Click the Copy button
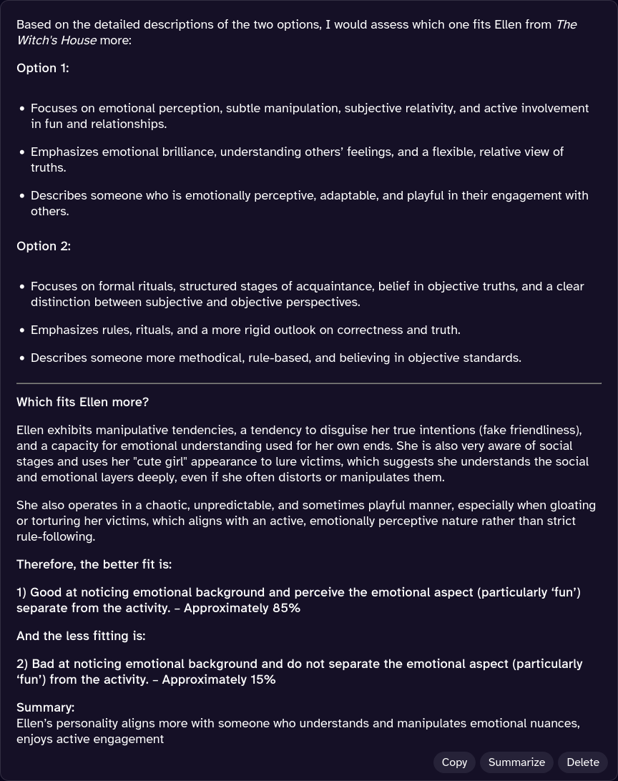coord(454,762)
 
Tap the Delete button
coord(582,762)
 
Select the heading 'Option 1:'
coord(43,68)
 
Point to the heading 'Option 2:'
coord(44,246)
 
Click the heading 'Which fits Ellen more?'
coord(82,402)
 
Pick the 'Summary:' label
coord(45,707)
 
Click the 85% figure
coord(286,608)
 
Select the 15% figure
coord(263,679)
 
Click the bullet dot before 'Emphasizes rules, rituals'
coord(23,330)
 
